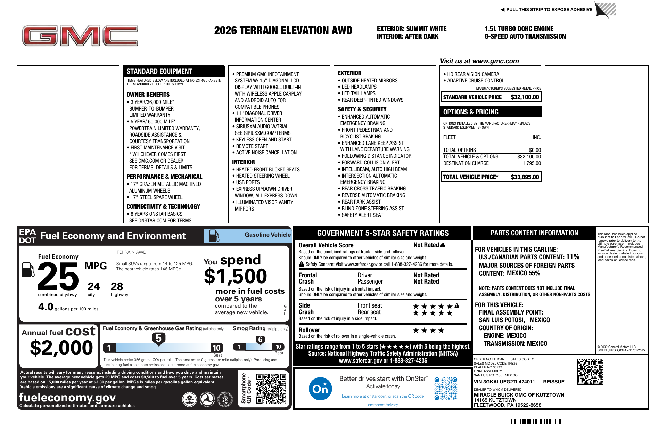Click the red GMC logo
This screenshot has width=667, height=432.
tap(80, 36)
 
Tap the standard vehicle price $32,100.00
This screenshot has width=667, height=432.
tap(525, 97)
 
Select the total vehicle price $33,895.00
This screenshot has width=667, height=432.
tap(525, 177)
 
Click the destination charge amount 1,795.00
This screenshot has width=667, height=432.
tap(532, 163)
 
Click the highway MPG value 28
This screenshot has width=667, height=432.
tap(117, 287)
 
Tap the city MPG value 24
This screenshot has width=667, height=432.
tap(93, 287)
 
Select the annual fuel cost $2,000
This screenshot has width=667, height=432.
tap(61, 348)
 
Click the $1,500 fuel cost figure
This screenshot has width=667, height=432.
tap(235, 277)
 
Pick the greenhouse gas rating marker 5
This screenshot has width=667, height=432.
tap(158, 338)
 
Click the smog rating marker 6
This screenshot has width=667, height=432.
tap(260, 340)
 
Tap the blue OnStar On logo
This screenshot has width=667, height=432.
tap(320, 389)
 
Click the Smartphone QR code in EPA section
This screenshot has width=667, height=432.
tap(271, 388)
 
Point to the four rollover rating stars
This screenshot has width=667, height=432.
tap(428, 331)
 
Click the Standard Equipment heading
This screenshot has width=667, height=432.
tap(159, 71)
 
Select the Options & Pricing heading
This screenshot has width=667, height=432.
tap(471, 112)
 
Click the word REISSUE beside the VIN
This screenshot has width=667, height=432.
tap(553, 382)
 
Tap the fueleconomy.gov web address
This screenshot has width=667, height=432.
tap(67, 397)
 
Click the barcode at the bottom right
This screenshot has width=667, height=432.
tap(536, 422)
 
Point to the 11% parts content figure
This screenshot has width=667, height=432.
tap(573, 257)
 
